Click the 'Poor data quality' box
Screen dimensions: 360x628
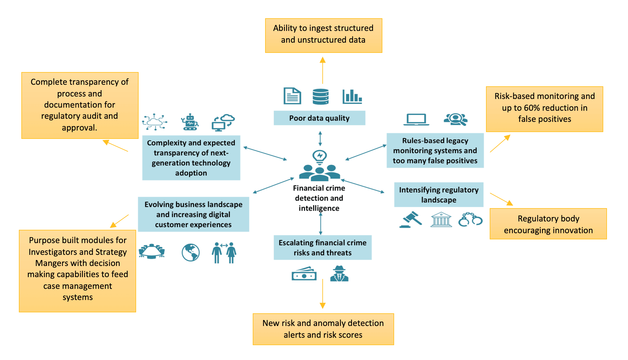(319, 118)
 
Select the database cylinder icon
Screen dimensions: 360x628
(320, 96)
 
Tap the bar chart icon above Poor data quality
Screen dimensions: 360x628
(352, 96)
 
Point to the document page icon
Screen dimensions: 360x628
(292, 96)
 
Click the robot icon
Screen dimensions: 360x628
(190, 122)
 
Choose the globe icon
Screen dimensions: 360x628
(191, 252)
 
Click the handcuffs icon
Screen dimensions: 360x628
(470, 220)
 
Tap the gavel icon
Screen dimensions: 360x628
(411, 219)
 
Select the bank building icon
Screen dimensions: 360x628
(441, 220)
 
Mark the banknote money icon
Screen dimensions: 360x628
(304, 274)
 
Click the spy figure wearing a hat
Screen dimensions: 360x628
(339, 274)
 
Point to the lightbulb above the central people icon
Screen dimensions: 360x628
(320, 156)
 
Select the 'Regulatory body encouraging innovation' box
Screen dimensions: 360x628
(548, 224)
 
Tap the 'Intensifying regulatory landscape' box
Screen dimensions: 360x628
(439, 195)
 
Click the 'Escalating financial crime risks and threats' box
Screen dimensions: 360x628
(322, 248)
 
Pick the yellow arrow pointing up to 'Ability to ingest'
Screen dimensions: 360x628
(323, 71)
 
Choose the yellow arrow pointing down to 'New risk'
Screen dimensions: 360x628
(323, 294)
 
